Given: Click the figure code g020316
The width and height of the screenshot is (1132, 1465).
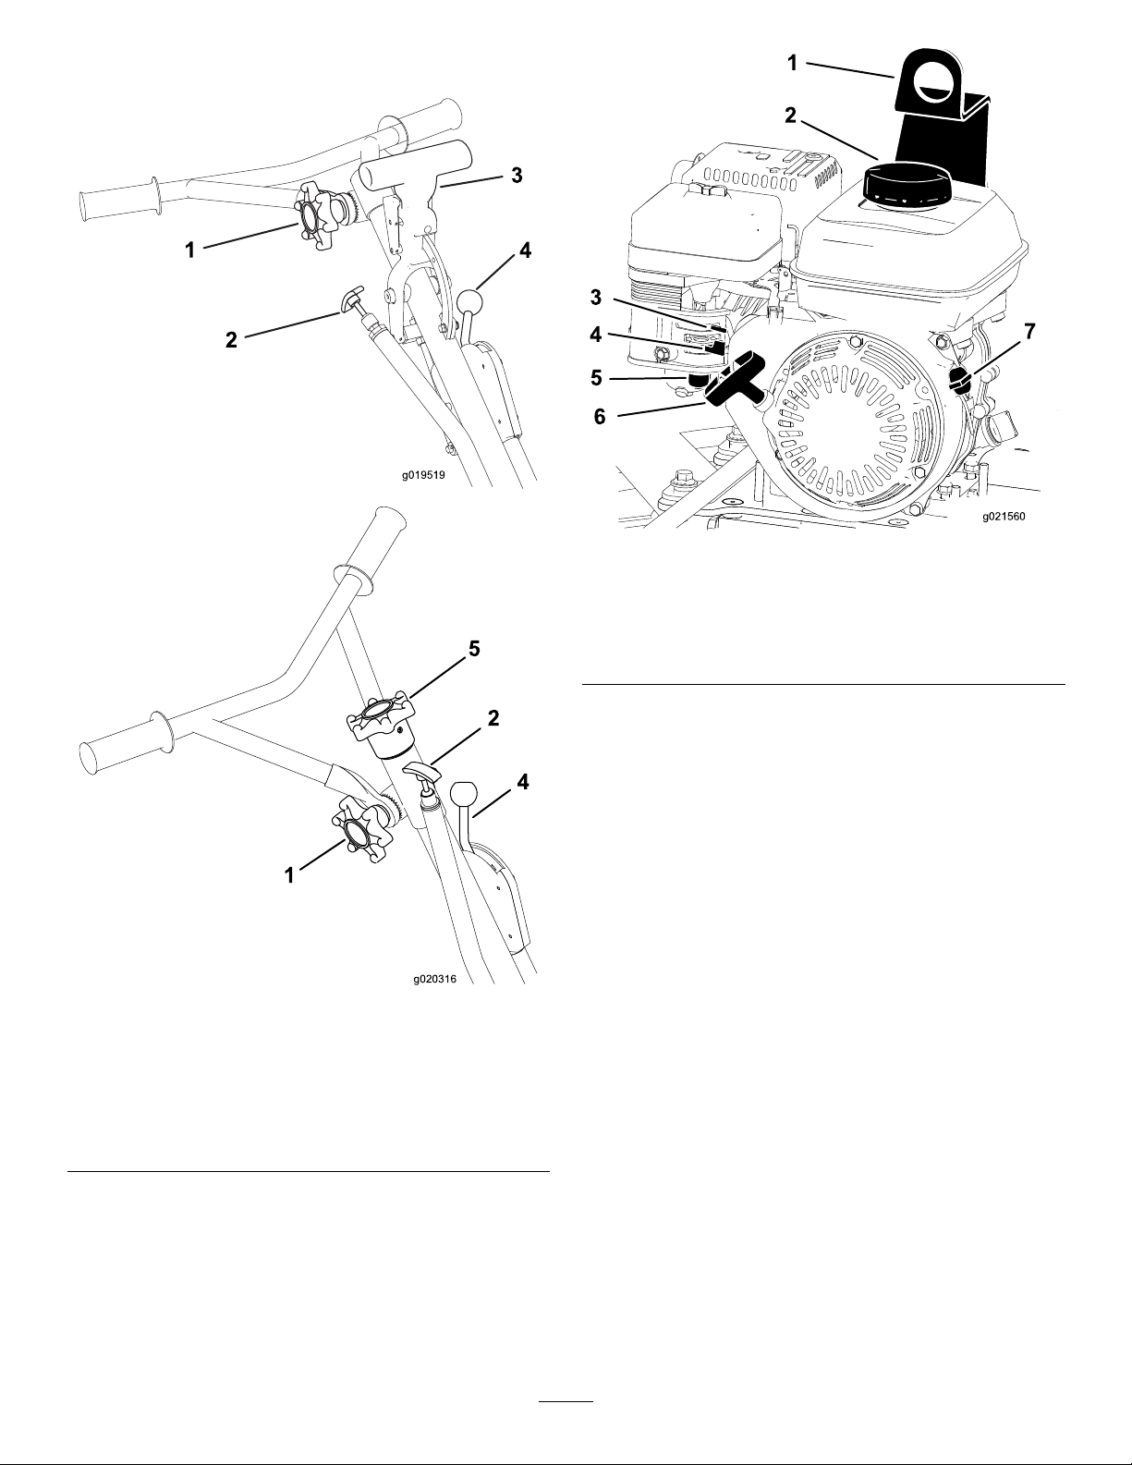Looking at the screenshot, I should (435, 980).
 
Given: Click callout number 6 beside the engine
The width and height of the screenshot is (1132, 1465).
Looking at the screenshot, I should (601, 417).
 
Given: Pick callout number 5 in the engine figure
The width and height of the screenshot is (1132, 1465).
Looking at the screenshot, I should (597, 377).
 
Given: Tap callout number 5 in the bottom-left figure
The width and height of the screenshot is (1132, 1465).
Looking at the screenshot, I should (474, 649).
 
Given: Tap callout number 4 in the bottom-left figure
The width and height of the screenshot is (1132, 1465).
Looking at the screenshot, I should (523, 782).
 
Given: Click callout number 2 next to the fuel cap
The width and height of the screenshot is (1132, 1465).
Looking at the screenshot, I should (791, 116).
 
